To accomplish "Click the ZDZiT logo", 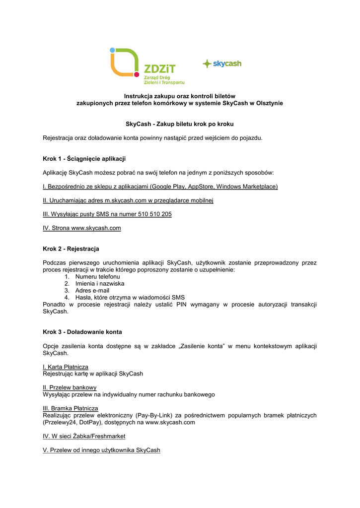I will click(x=147, y=66).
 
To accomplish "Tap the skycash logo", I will click(x=222, y=63).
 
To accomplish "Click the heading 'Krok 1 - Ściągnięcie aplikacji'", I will click(x=84, y=159).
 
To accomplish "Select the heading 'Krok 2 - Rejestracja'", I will click(x=71, y=249).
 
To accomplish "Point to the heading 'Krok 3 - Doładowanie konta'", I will click(x=82, y=332).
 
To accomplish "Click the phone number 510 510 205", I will click(x=151, y=214).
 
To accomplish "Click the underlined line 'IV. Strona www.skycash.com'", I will click(x=82, y=228).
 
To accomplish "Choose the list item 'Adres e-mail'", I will click(x=92, y=291).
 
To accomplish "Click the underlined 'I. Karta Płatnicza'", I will click(x=66, y=367).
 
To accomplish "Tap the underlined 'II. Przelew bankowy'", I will click(x=70, y=387).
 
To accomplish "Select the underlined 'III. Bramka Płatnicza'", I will click(x=71, y=408).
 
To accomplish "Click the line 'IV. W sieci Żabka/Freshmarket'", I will click(x=84, y=436).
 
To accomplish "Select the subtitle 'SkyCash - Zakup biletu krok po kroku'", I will click(x=179, y=124).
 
